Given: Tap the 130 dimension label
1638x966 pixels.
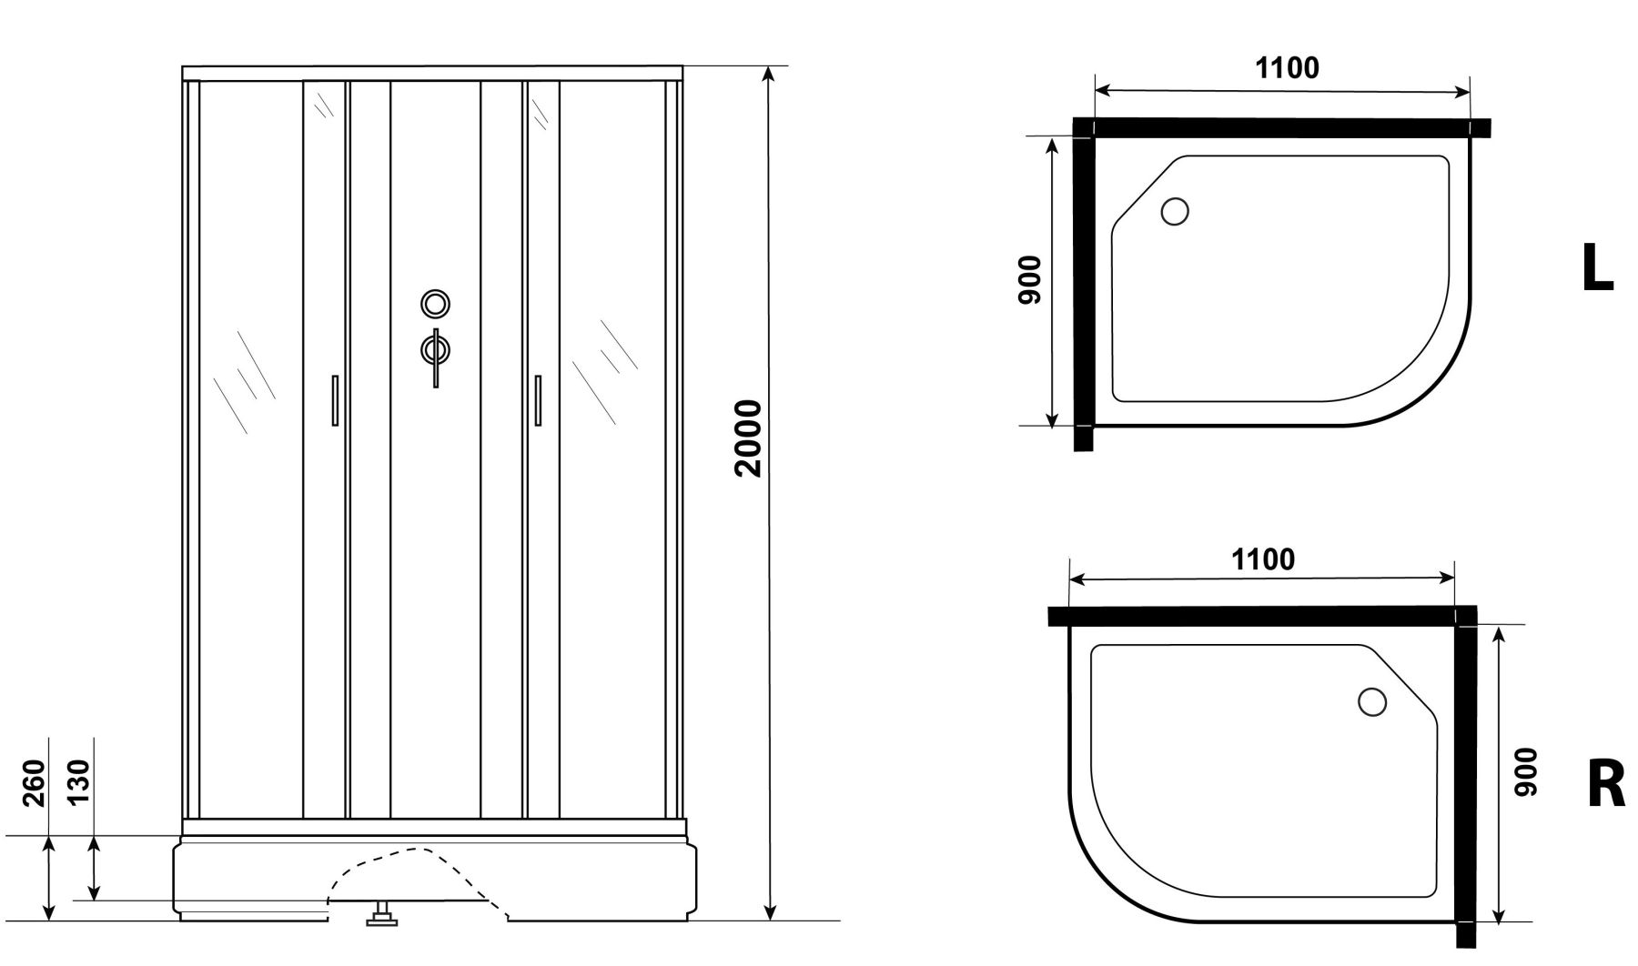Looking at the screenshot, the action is click(78, 780).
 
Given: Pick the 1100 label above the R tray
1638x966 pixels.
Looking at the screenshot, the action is click(1263, 558).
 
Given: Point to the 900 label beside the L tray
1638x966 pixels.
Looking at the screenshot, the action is click(1029, 280).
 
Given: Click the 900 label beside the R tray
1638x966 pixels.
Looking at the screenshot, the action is click(1525, 772).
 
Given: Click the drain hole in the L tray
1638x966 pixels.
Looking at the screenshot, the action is click(1175, 212).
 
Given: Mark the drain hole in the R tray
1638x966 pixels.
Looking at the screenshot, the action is click(1371, 702).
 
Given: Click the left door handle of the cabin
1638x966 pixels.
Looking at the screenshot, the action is click(335, 400).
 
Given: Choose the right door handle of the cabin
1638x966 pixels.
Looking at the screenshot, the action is click(538, 400).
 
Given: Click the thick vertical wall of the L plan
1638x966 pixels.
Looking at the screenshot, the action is click(1083, 285).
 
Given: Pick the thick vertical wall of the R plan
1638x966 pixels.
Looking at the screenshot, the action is click(1465, 778).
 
